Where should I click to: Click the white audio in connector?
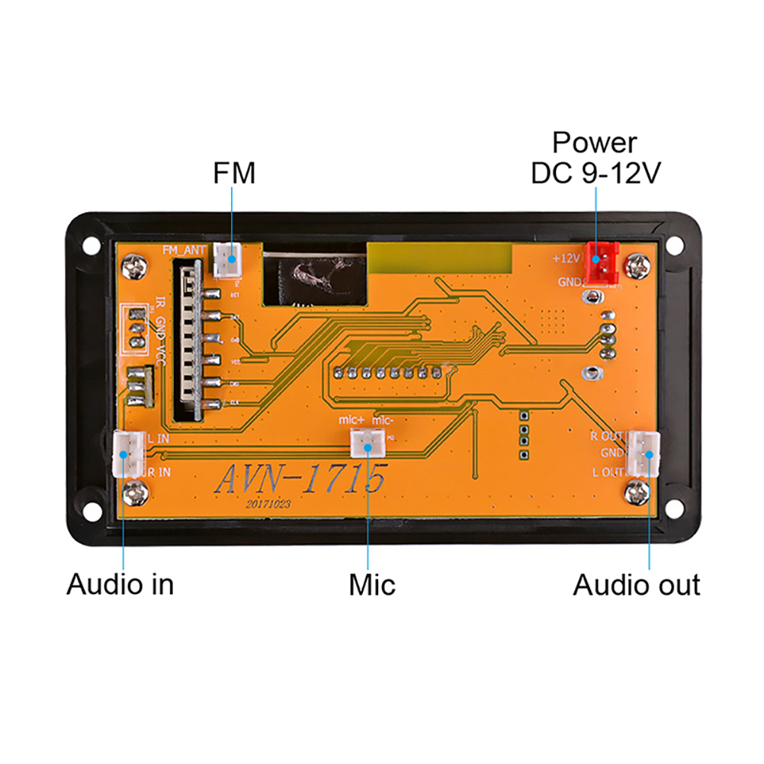click(x=127, y=454)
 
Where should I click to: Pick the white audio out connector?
click(x=643, y=453)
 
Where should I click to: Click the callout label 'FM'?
click(x=233, y=174)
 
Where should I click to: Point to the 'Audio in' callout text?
click(x=120, y=585)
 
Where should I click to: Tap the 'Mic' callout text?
click(x=372, y=585)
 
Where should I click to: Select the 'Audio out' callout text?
click(x=637, y=585)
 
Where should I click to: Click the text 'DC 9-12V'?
click(x=595, y=173)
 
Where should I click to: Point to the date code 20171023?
click(x=268, y=505)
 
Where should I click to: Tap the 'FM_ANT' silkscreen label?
click(x=182, y=249)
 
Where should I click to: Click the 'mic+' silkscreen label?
click(x=352, y=421)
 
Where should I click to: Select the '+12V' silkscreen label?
click(x=567, y=258)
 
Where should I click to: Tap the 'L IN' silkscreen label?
click(x=159, y=438)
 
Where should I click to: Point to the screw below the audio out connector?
click(x=637, y=493)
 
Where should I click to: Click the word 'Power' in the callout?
click(x=595, y=142)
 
